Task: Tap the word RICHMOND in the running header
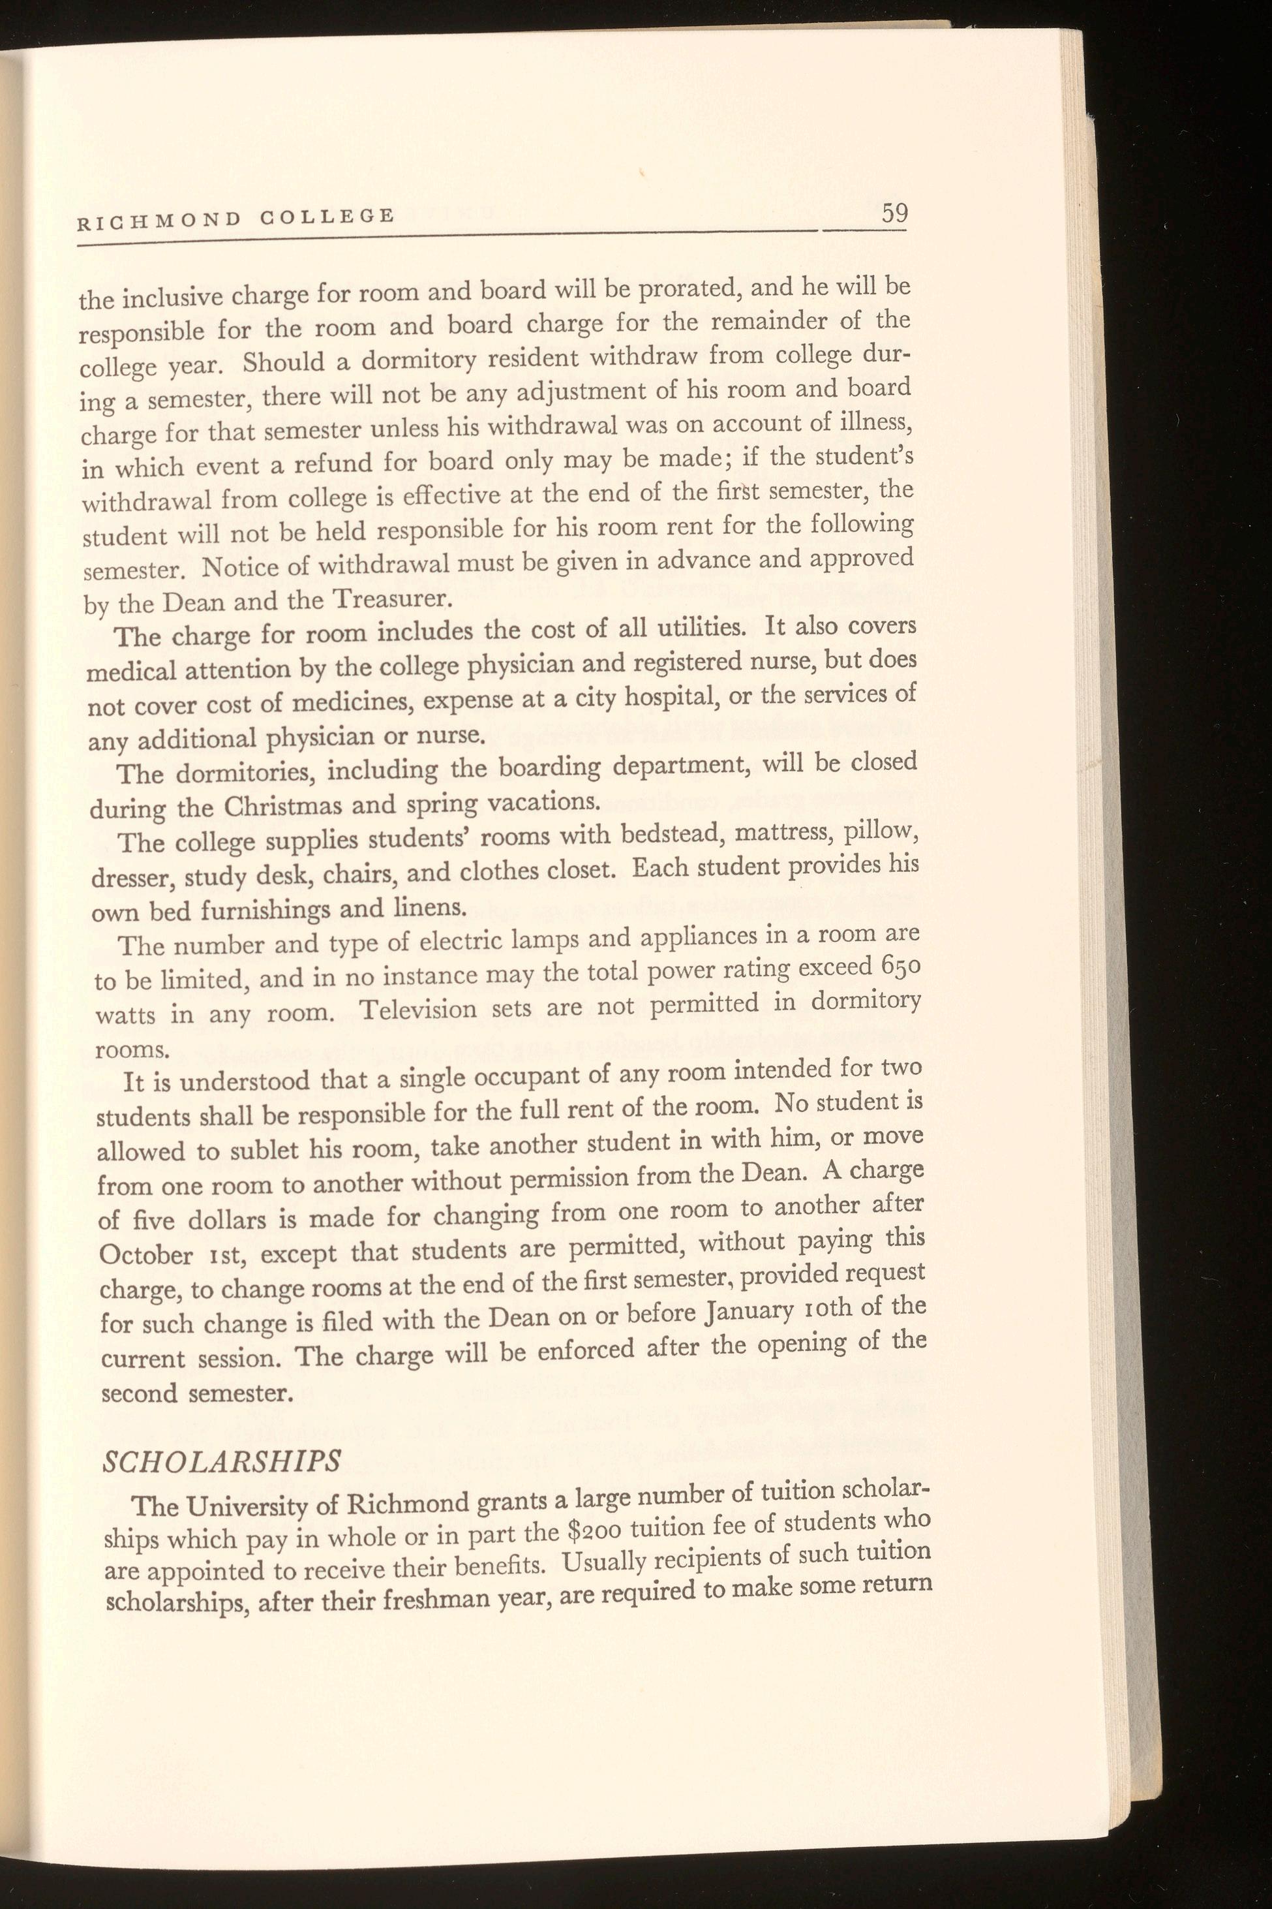pyautogui.click(x=159, y=220)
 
